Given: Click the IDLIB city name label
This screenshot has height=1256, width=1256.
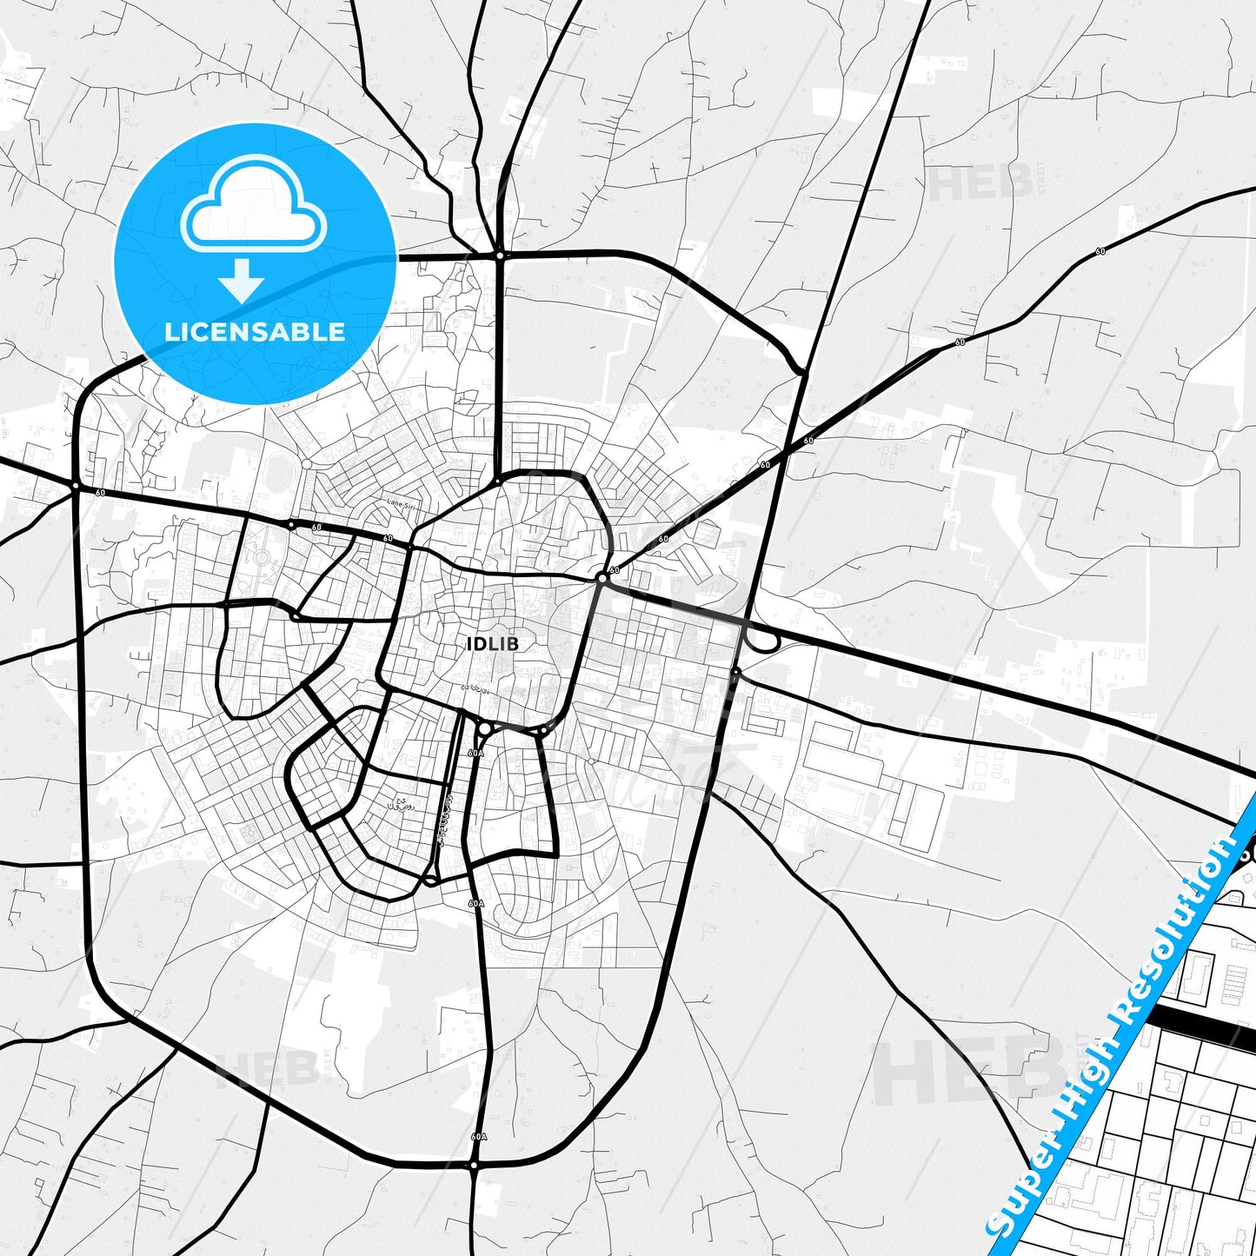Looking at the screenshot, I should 493,644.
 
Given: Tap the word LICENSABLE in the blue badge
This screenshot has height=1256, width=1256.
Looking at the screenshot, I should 255,332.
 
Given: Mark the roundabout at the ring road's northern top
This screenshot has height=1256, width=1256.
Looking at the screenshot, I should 500,256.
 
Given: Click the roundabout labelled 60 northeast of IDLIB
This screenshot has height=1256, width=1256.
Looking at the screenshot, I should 601,577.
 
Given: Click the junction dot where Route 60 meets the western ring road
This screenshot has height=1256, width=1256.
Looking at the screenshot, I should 76,485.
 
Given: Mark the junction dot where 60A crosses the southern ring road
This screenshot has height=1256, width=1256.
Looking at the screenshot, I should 474,1164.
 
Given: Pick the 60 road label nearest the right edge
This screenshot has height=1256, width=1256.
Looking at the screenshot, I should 1100,251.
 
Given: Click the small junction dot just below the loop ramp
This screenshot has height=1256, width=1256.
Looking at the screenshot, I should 736,672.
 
